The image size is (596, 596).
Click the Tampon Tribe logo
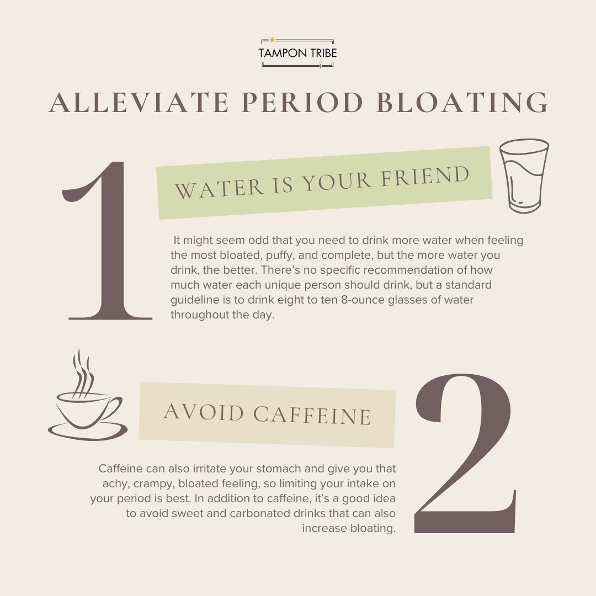pos(297,53)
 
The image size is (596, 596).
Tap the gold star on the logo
pos(272,40)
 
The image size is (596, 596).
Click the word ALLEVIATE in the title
pos(139,103)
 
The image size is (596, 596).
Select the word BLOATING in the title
pos(462,103)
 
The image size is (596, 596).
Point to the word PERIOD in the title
pos(302,103)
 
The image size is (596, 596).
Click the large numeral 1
pos(107,241)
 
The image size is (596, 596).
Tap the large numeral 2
pos(465,453)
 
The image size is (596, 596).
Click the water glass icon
pos(524,175)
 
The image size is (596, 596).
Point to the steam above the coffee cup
pos(83,374)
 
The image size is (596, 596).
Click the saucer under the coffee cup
pos(88,433)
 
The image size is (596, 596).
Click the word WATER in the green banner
pos(219,188)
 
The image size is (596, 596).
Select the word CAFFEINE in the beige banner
pos(312,415)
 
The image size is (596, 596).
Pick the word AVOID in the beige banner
pos(204,412)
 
